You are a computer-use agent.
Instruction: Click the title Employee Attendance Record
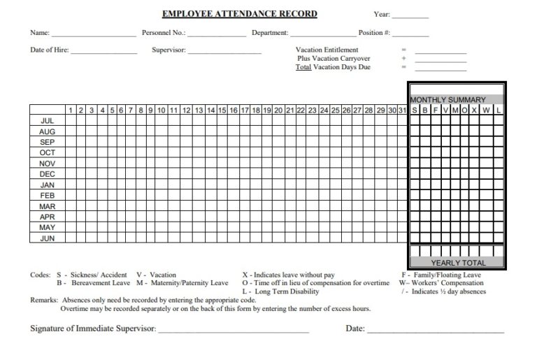tap(240, 14)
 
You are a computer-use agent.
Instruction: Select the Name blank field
tap(94, 34)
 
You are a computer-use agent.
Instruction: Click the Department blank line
tap(323, 34)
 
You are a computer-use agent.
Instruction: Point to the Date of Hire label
tap(49, 50)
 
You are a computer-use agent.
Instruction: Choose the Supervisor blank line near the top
tap(224, 52)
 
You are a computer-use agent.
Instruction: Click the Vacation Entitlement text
tap(327, 50)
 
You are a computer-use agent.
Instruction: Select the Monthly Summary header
tap(447, 100)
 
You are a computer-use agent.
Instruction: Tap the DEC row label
tap(48, 174)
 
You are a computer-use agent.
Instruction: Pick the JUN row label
tap(48, 238)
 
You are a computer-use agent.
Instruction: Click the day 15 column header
tap(222, 110)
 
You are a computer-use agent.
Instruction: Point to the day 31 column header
tap(402, 110)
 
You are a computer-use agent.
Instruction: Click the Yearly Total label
tap(458, 263)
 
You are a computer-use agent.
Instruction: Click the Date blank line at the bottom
tap(434, 330)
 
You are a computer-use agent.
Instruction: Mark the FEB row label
tap(48, 196)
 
